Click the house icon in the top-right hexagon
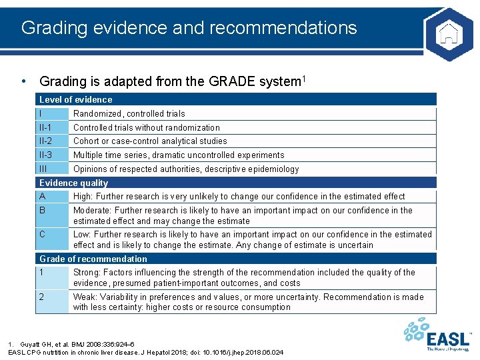pos(448,31)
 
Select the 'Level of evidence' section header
pos(75,99)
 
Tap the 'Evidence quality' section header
pos(73,183)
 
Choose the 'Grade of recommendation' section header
pos(93,259)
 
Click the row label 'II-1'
pos(45,127)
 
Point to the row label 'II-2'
pos(45,141)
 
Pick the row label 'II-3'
pos(45,155)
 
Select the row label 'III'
pos(43,169)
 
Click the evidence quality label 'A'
pos(43,196)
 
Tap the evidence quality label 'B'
pos(43,210)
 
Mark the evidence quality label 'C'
pos(43,234)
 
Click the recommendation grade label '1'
pos(41,272)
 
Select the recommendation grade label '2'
pos(41,297)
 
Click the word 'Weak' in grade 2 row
pos(85,297)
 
